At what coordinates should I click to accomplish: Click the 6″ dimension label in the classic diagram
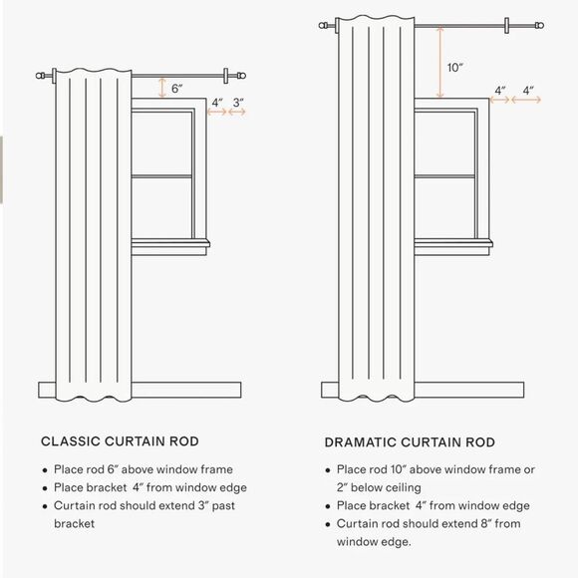pyautogui.click(x=177, y=89)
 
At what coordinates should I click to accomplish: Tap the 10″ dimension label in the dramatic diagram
pyautogui.click(x=454, y=68)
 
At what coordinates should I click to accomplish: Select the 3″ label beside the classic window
pyautogui.click(x=238, y=103)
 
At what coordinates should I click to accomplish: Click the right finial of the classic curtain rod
pyautogui.click(x=241, y=76)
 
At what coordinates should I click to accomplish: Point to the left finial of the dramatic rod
pyautogui.click(x=323, y=26)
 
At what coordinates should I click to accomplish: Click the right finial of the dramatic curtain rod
pyautogui.click(x=539, y=26)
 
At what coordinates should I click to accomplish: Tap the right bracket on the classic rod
pyautogui.click(x=226, y=76)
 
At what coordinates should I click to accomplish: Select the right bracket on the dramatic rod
pyautogui.click(x=507, y=26)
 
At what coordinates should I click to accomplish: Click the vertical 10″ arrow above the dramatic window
pyautogui.click(x=439, y=62)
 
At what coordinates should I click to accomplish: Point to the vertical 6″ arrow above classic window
pyautogui.click(x=162, y=88)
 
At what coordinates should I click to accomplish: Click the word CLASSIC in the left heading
pyautogui.click(x=71, y=441)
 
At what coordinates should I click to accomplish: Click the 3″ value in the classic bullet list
pyautogui.click(x=203, y=505)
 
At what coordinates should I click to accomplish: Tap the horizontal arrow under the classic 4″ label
pyautogui.click(x=217, y=112)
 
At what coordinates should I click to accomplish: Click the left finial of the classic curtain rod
pyautogui.click(x=40, y=76)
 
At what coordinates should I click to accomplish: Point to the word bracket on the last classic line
pyautogui.click(x=74, y=523)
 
